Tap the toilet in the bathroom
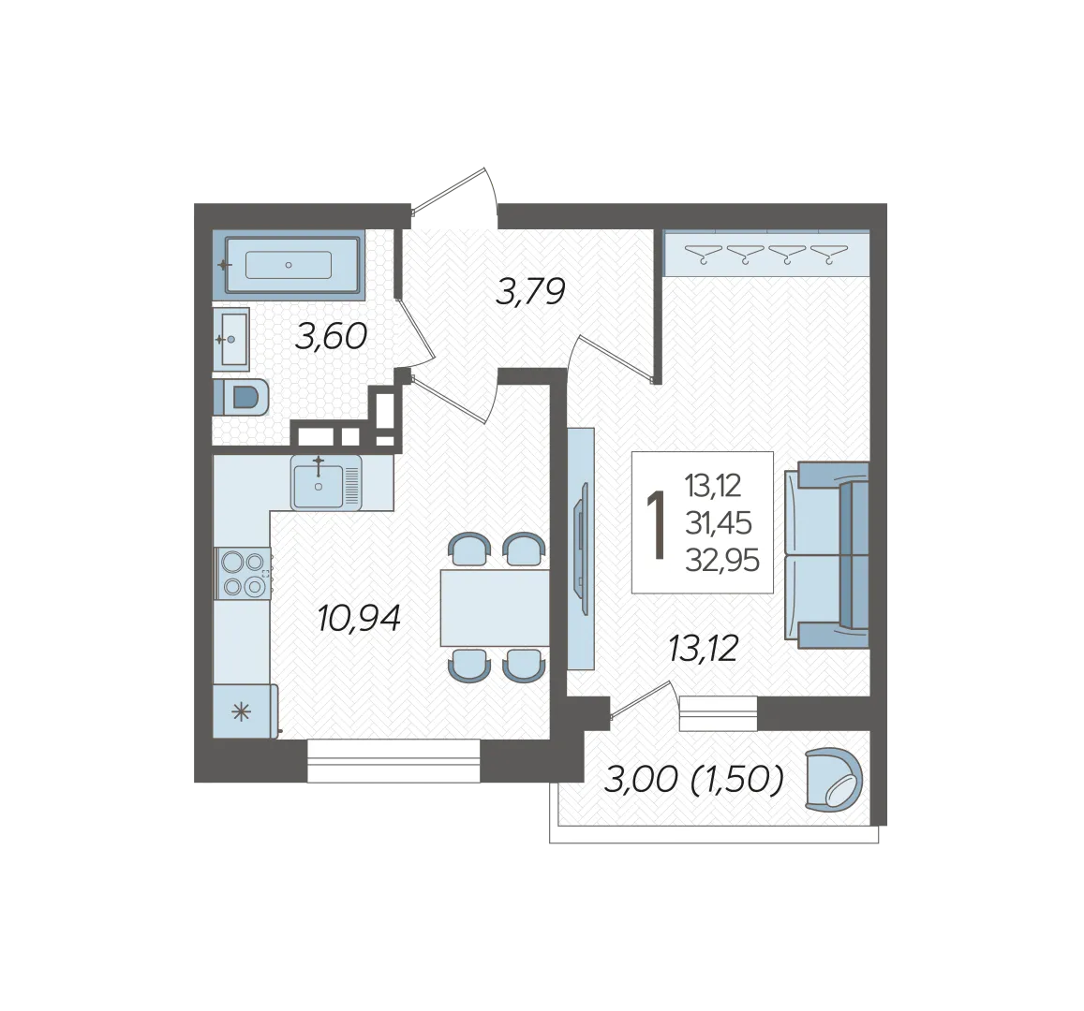(241, 397)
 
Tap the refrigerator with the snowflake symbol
(245, 711)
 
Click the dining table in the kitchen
(495, 608)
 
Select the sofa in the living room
(827, 555)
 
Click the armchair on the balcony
(835, 779)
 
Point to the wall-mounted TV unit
(582, 549)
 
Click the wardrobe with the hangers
(766, 254)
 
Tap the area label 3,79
(531, 291)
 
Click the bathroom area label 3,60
(331, 337)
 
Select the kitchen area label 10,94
(359, 618)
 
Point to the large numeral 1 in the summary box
(655, 525)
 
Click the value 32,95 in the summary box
(722, 560)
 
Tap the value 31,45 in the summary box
(719, 523)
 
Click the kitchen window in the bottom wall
(394, 760)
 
